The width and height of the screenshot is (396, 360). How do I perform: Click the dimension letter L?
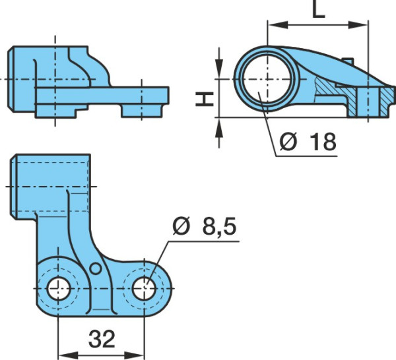click(318, 9)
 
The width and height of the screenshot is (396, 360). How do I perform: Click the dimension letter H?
click(205, 99)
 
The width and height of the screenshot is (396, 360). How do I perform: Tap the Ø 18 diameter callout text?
click(308, 142)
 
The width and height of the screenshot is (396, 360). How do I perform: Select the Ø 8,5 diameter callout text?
click(205, 225)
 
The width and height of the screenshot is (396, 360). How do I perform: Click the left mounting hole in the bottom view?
click(59, 288)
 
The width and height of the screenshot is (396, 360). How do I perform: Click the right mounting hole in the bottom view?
click(144, 288)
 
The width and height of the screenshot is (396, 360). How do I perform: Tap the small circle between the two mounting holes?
click(96, 268)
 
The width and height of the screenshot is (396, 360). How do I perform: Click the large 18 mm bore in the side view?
click(267, 79)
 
